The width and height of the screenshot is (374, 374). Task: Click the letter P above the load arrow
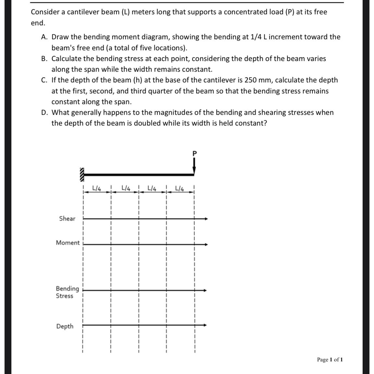[194, 153]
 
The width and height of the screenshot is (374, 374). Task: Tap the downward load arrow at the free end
[194, 167]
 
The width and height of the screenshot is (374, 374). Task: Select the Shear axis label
[67, 219]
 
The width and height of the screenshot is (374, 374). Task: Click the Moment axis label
[67, 243]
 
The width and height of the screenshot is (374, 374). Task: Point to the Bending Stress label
[67, 292]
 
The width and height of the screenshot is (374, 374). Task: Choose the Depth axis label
[65, 326]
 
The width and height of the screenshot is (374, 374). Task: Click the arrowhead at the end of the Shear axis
[206, 219]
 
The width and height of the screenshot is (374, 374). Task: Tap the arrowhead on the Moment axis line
[206, 244]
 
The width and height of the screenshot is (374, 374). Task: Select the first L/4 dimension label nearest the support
[97, 187]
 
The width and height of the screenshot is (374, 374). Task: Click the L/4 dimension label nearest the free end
[179, 188]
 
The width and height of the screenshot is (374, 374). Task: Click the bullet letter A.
[44, 37]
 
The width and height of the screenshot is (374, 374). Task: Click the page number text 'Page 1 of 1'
[330, 359]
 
